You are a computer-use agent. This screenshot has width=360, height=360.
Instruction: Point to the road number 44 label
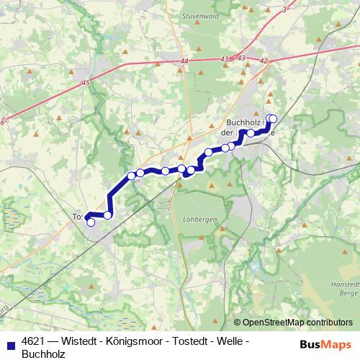point(184,62)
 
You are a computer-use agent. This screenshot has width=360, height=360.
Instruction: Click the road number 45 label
point(86,84)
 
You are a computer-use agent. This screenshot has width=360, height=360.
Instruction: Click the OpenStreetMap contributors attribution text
point(297,322)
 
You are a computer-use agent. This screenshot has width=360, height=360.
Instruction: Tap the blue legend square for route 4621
point(9,341)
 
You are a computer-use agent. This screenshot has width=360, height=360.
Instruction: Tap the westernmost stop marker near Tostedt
point(91,222)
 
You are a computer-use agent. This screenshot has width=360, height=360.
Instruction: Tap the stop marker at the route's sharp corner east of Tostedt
point(108,215)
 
